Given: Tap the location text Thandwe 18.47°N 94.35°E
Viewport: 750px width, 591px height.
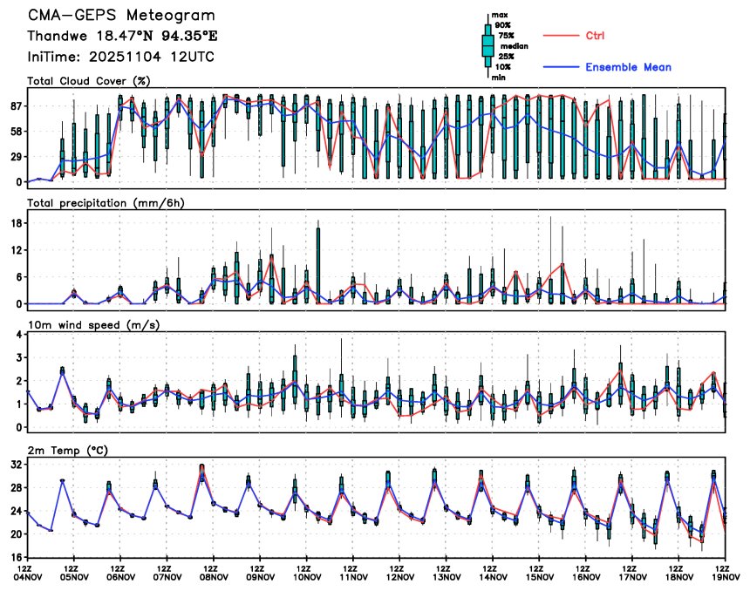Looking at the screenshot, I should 121,37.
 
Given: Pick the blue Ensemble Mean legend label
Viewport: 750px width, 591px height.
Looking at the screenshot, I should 628,67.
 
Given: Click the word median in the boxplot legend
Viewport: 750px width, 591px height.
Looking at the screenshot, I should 514,46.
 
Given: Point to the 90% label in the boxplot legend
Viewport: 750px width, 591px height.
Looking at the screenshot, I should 504,25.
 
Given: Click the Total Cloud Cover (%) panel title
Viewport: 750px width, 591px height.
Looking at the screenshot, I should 88,81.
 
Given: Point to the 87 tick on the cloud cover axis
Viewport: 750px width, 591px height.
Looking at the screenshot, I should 16,106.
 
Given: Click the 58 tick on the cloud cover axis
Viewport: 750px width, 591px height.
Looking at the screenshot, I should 16,132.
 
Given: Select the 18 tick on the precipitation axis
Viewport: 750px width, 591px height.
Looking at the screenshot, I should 16,223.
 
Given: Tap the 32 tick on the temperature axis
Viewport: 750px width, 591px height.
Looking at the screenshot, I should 16,465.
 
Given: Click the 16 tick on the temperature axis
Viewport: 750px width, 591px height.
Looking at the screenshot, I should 16,557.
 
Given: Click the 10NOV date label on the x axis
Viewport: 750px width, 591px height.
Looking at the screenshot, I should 307,576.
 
